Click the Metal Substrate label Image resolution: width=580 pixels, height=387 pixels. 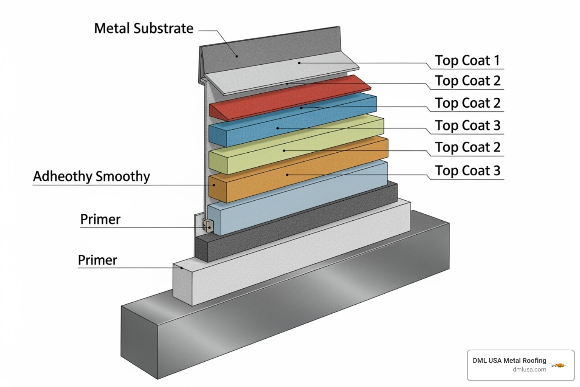(x=143, y=29)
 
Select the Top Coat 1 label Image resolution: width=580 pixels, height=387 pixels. (x=467, y=60)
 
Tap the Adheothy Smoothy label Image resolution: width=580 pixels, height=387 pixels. (x=91, y=176)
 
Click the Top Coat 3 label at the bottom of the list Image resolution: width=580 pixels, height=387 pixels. (x=467, y=171)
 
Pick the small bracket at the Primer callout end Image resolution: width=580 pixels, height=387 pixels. (x=208, y=226)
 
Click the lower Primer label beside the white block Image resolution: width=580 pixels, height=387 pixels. (x=97, y=260)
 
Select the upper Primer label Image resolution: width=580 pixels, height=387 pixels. (x=100, y=220)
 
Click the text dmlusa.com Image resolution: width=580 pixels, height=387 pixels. (x=529, y=370)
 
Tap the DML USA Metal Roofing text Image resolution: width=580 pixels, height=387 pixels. (x=509, y=361)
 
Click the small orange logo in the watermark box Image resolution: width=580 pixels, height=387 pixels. (x=559, y=365)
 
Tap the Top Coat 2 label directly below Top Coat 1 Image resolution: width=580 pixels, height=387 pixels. (x=467, y=81)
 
